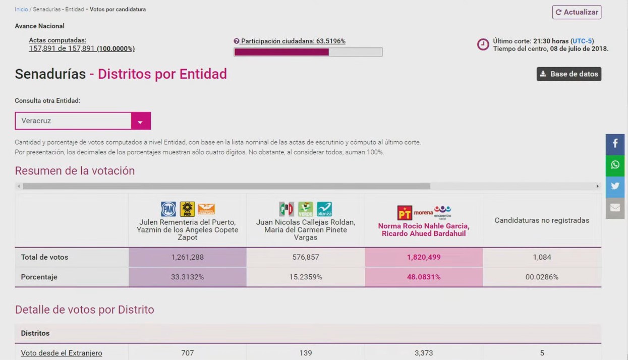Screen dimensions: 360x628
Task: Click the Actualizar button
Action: point(577,12)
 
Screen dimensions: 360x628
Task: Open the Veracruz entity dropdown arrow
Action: point(140,122)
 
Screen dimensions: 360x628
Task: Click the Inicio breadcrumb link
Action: point(21,10)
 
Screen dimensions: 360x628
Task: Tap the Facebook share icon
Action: point(615,144)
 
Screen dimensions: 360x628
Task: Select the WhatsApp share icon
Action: point(615,165)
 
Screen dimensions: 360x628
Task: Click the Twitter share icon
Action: point(615,187)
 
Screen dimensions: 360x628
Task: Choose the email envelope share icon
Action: point(615,208)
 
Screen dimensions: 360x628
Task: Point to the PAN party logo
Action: point(168,209)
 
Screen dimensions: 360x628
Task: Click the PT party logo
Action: point(405,212)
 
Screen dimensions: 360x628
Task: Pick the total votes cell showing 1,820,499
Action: point(424,257)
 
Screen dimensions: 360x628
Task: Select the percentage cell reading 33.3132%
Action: point(188,277)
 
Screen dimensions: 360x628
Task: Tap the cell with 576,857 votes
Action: point(306,257)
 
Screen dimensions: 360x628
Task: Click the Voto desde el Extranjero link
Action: point(62,353)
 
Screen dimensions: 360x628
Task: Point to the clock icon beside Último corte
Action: point(483,44)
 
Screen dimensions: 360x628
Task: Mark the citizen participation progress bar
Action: point(308,52)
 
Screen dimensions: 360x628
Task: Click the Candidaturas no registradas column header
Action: point(542,220)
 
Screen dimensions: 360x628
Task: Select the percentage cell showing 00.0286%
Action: point(542,277)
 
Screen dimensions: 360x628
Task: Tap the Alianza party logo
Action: point(324,209)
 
